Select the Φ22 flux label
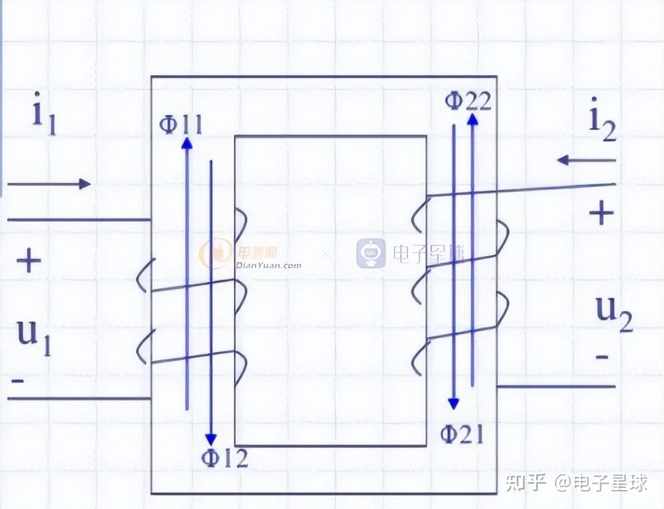point(468,101)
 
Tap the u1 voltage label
point(34,336)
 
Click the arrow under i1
point(49,184)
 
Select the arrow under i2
point(586,160)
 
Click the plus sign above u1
point(28,262)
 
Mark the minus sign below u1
point(18,381)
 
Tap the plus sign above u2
point(601,214)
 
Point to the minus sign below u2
point(601,357)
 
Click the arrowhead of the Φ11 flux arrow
point(186,143)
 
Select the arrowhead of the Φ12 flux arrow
point(212,440)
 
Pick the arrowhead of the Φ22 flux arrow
point(472,119)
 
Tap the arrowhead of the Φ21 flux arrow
point(454,404)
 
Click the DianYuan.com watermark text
point(268,265)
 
